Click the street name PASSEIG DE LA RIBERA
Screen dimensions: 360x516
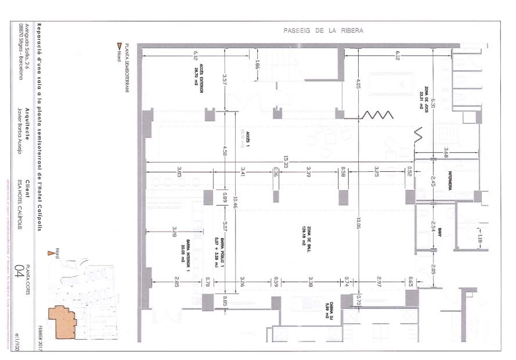tap(323, 30)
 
